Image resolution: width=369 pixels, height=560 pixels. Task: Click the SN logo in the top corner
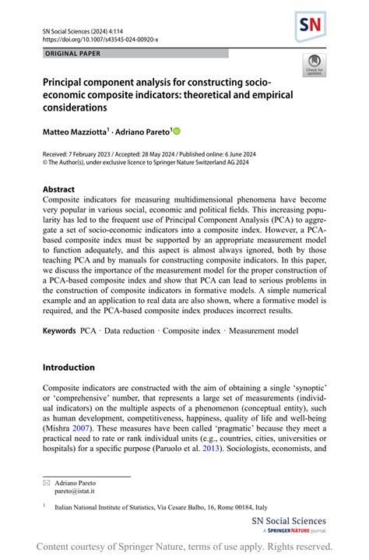tap(310, 27)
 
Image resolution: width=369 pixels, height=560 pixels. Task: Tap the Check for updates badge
tap(315, 64)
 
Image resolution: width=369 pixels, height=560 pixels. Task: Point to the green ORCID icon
tap(176, 132)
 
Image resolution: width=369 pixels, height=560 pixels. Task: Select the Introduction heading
tap(69, 367)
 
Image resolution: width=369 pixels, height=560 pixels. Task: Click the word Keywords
tap(59, 331)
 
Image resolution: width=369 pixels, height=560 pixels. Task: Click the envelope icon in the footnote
tap(47, 484)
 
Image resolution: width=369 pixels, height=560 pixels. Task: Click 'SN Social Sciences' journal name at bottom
tap(288, 521)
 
